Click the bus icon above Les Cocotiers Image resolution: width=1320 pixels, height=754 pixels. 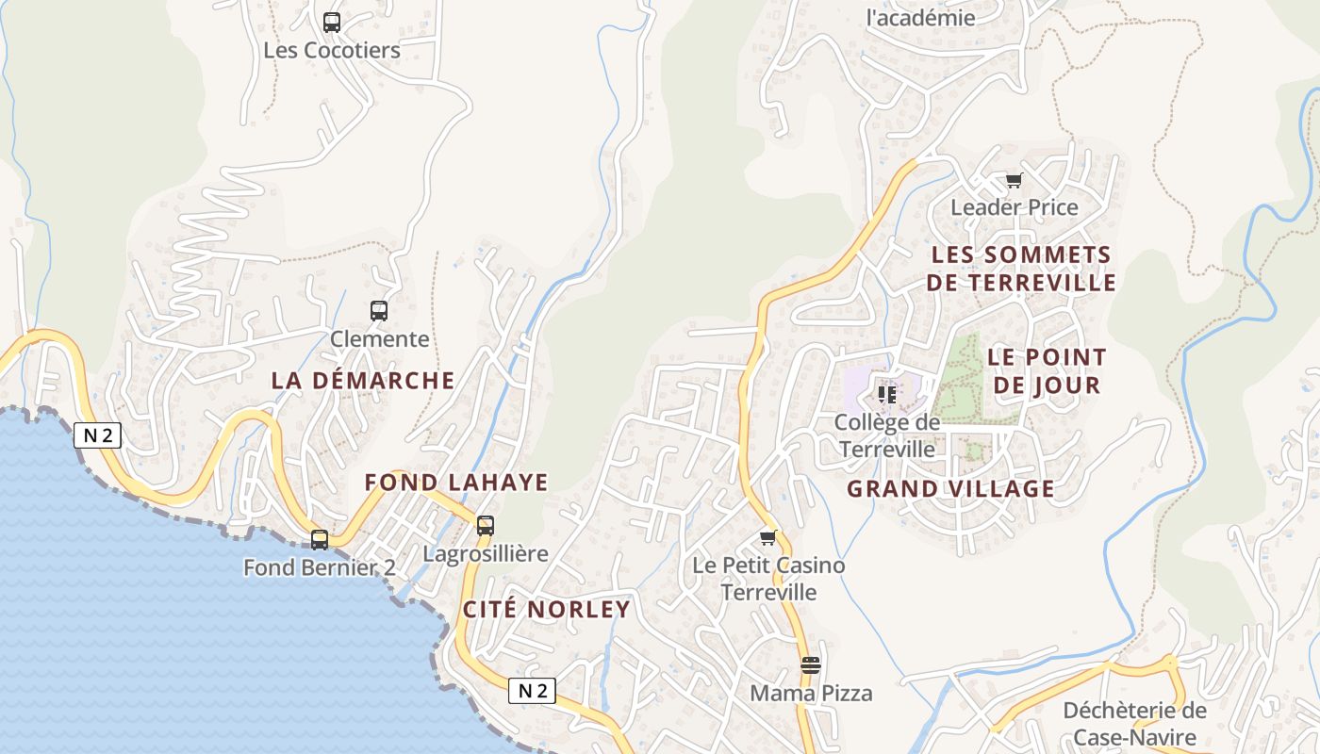(332, 22)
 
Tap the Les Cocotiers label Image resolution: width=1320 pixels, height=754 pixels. (332, 50)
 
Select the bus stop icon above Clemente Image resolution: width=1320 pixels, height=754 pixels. (379, 310)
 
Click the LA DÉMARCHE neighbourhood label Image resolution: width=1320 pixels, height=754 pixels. (363, 381)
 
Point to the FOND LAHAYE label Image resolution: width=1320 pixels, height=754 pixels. (456, 483)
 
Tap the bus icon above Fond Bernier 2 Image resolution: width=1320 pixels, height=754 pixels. (320, 539)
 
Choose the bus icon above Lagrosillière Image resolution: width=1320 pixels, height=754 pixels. (486, 525)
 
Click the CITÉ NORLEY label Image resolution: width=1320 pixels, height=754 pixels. (547, 609)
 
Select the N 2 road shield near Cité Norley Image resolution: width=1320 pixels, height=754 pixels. (532, 691)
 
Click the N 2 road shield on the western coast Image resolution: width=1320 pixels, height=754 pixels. (98, 434)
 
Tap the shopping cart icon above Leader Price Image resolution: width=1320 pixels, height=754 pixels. (1014, 180)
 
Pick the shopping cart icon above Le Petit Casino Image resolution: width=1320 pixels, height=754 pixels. (767, 537)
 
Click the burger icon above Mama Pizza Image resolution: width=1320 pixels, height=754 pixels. (810, 664)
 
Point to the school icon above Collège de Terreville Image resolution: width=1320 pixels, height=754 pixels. (886, 393)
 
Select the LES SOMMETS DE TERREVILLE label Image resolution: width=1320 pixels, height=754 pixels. (1021, 269)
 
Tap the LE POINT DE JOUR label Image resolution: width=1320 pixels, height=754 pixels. (1047, 371)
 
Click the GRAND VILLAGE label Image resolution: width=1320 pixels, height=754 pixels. (950, 488)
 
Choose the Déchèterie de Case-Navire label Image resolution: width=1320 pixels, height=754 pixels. (1135, 724)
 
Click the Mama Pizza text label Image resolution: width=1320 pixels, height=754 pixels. (811, 694)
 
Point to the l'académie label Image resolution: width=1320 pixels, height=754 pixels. (920, 17)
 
